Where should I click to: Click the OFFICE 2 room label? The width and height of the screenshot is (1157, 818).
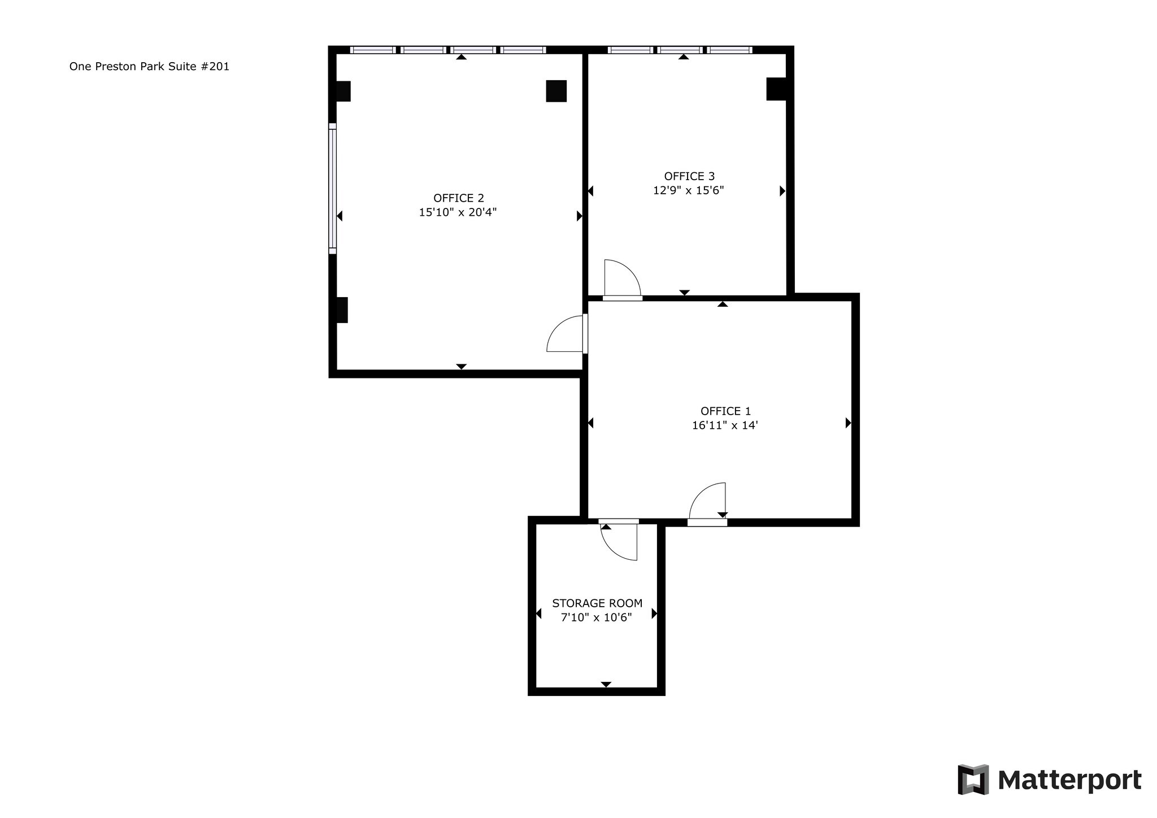point(458,198)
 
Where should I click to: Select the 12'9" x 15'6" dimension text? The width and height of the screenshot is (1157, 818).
point(688,190)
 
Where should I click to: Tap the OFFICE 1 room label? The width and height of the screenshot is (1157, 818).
point(725,411)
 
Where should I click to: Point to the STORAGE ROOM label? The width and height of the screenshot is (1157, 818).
point(597,603)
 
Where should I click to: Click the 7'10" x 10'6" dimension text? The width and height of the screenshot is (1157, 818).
point(596,617)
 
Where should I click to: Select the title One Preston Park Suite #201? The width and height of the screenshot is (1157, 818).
point(149,67)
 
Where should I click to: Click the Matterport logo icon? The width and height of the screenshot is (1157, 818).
point(973,780)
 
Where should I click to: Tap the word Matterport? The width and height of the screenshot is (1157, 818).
point(1069,780)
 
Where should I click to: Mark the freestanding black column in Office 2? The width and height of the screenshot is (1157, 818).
point(556,91)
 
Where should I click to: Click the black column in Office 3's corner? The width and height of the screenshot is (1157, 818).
point(776,89)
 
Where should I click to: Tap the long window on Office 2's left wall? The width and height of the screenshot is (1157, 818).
point(333,189)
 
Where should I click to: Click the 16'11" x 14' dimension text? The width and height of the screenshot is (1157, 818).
point(724,425)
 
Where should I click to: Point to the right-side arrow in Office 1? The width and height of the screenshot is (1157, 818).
point(847,423)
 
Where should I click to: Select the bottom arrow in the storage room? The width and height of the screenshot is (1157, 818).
point(606,685)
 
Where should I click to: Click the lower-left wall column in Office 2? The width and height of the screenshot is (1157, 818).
point(342,310)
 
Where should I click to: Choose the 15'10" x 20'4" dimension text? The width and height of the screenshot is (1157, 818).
point(457,212)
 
